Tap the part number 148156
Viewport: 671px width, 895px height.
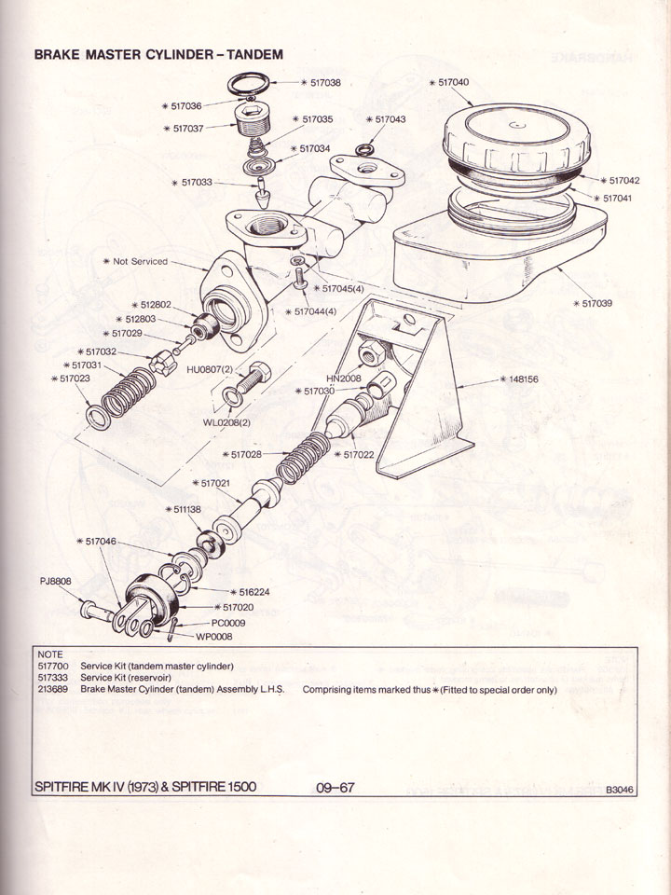point(522,380)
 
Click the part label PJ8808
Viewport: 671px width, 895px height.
point(55,581)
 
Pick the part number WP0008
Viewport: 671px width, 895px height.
point(213,637)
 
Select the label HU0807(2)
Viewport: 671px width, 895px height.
point(212,369)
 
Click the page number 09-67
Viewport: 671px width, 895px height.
point(335,787)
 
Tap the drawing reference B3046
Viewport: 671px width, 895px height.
point(619,790)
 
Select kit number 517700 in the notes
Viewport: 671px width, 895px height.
point(53,666)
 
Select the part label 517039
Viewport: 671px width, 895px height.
point(596,304)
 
